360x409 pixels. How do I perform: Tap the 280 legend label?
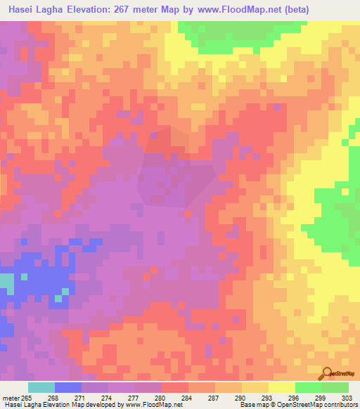point(160,398)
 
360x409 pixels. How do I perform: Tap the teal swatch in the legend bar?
point(41,387)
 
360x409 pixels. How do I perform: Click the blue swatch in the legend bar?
point(68,387)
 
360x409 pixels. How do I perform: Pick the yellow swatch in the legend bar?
point(281,387)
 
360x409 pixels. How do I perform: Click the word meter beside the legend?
point(9,398)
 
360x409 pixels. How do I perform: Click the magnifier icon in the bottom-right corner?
point(328,374)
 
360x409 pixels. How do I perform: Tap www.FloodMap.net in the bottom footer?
point(150,405)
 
